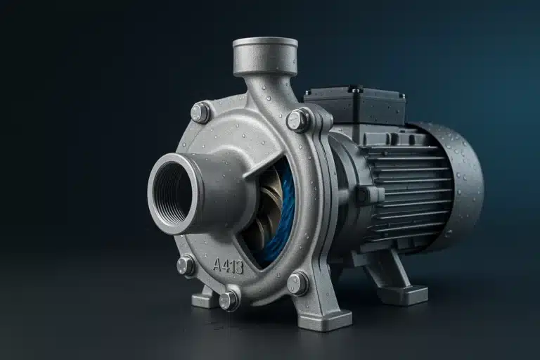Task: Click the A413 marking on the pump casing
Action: (228, 266)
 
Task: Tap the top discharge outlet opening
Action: (265, 44)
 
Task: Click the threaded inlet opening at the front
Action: (172, 192)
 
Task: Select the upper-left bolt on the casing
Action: (200, 112)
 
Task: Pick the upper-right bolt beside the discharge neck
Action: (298, 120)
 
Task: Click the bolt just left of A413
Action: (186, 265)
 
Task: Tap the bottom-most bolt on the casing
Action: (229, 300)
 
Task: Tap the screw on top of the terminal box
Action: (357, 89)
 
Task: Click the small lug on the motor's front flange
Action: (361, 195)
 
